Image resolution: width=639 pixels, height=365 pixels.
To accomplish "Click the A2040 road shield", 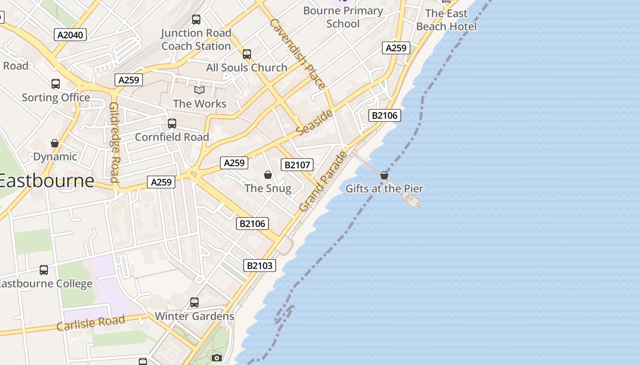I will tap(70, 35).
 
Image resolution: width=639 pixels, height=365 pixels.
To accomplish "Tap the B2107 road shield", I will tap(297, 165).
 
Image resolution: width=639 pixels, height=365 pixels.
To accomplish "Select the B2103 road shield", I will tap(260, 266).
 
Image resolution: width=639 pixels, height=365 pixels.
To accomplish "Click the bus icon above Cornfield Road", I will tap(172, 124).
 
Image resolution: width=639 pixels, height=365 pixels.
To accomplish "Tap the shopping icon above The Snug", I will tap(268, 175).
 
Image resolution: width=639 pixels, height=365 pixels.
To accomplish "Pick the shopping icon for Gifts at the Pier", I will tap(384, 175).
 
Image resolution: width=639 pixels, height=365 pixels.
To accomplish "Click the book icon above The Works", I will tap(199, 90).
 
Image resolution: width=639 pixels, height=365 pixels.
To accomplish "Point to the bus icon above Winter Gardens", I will tap(194, 302).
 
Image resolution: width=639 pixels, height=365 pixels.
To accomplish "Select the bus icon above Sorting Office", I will tap(56, 84).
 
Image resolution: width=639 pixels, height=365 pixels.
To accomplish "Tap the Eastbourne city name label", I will tap(46, 181).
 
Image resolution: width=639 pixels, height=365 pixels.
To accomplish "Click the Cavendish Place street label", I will tap(298, 54).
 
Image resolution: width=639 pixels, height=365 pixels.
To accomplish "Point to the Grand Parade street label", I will tap(324, 182).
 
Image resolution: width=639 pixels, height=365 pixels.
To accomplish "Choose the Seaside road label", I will tap(314, 122).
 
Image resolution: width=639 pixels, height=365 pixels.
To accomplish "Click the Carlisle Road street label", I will tap(91, 323).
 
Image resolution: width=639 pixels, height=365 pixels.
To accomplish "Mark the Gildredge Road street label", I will tap(115, 142).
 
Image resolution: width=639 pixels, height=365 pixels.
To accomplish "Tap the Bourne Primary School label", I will tap(343, 17).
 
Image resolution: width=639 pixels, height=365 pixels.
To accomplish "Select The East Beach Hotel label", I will tap(446, 20).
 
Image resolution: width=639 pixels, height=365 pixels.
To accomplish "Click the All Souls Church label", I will tap(247, 68).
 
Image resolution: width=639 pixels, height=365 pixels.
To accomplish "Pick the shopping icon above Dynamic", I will tap(55, 143).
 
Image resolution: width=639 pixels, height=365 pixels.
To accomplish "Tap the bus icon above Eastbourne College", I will tap(44, 270).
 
